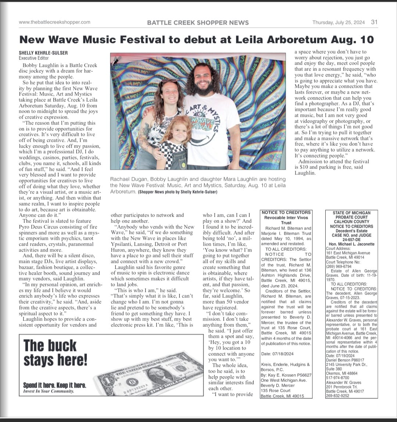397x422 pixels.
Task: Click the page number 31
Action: pyautogui.click(x=374, y=22)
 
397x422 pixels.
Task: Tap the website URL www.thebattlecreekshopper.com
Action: pyautogui.click(x=54, y=22)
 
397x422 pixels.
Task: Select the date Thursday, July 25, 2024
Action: pyautogui.click(x=339, y=22)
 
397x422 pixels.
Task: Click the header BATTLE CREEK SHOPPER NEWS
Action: pyautogui.click(x=198, y=22)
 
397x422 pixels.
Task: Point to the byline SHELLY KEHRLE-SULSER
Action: pyautogui.click(x=43, y=53)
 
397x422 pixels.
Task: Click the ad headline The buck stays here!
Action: pyautogui.click(x=55, y=353)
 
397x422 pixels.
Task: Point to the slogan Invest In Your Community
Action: pyautogui.click(x=48, y=391)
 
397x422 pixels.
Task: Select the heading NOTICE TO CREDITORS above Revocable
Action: pyautogui.click(x=286, y=212)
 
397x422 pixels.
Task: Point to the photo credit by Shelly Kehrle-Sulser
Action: pyautogui.click(x=178, y=192)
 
